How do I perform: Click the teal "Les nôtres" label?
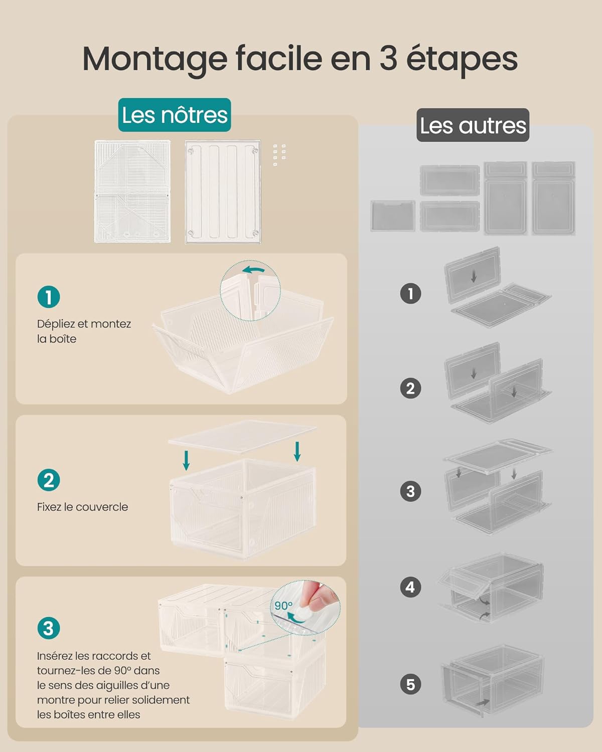(175, 115)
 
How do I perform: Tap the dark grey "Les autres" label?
(473, 125)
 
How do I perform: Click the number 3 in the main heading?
(388, 58)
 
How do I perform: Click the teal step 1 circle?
(49, 297)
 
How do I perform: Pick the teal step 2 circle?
(49, 480)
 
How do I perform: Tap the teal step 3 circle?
(49, 628)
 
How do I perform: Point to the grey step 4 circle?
(410, 587)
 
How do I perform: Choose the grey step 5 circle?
(410, 684)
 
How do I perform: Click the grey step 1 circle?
(410, 294)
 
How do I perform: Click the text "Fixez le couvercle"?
(83, 507)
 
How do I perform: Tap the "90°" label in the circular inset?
(283, 606)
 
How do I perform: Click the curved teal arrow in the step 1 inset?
(254, 270)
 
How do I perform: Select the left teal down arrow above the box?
(187, 460)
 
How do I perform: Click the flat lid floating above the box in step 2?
(242, 436)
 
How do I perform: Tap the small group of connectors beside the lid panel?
(279, 154)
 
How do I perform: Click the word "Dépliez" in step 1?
(56, 324)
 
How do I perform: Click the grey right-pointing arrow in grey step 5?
(483, 702)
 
